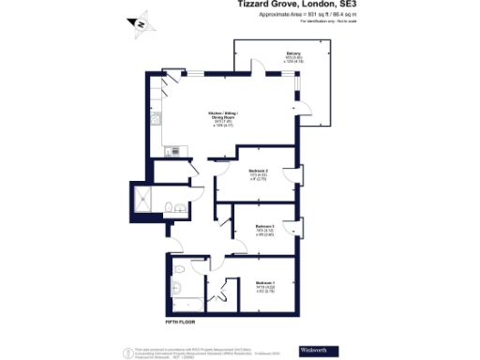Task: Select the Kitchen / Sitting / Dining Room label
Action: [x=223, y=118]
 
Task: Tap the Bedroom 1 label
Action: [x=265, y=282]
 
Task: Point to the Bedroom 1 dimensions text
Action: [x=265, y=291]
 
